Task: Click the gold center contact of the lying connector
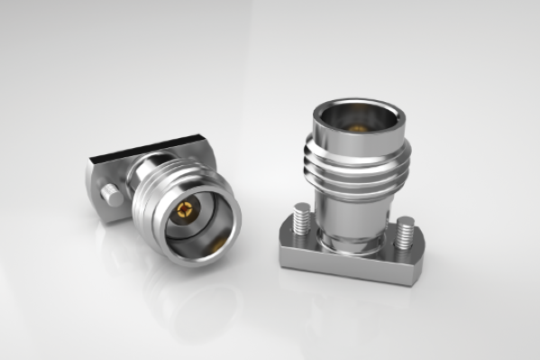184,213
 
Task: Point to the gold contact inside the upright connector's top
357,128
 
